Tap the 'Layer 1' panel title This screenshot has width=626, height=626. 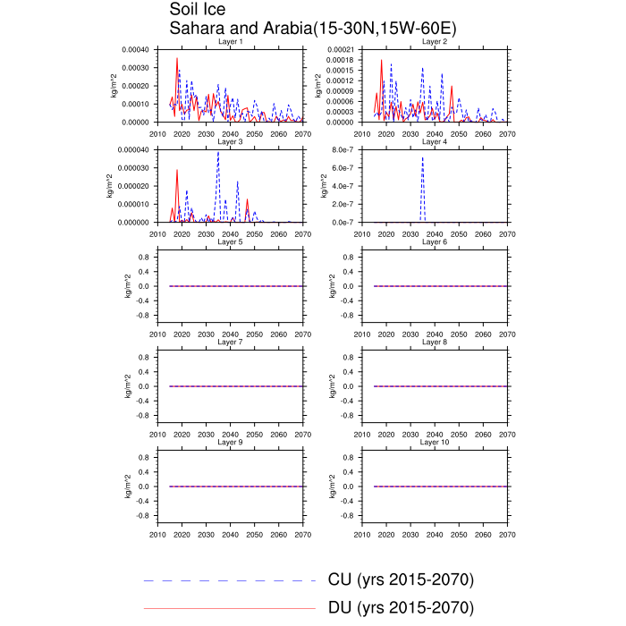230,42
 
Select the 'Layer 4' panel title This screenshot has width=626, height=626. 434,142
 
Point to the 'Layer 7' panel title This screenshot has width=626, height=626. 230,343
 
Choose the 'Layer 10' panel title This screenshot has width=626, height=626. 434,443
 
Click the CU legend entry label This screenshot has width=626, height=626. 401,580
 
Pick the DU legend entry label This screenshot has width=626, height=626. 401,608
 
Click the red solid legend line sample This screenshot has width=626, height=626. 230,608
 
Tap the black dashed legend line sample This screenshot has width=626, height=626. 230,580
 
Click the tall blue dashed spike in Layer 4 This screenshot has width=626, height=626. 422,159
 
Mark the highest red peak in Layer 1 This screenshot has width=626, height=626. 177,58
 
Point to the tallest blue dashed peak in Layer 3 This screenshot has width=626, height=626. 218,152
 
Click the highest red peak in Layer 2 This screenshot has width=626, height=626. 382,61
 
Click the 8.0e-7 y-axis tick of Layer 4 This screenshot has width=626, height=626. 344,150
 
